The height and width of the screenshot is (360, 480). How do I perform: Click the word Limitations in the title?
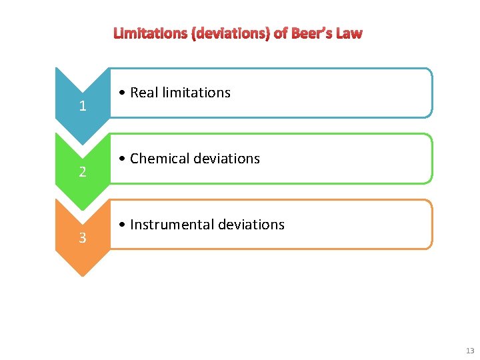(x=151, y=33)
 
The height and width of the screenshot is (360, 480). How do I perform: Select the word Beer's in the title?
(x=312, y=33)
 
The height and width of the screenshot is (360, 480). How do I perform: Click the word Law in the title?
(x=349, y=33)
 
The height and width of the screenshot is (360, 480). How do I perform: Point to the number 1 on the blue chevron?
(x=82, y=106)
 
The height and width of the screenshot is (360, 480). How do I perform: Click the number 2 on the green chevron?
(x=82, y=172)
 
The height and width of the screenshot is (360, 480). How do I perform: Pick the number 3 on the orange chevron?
(x=82, y=238)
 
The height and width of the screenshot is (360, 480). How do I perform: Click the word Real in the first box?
(x=143, y=93)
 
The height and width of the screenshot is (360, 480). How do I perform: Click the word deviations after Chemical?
(x=226, y=159)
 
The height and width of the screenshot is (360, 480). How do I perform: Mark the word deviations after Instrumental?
(x=251, y=225)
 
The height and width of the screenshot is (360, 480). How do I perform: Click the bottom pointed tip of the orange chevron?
(x=82, y=275)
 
